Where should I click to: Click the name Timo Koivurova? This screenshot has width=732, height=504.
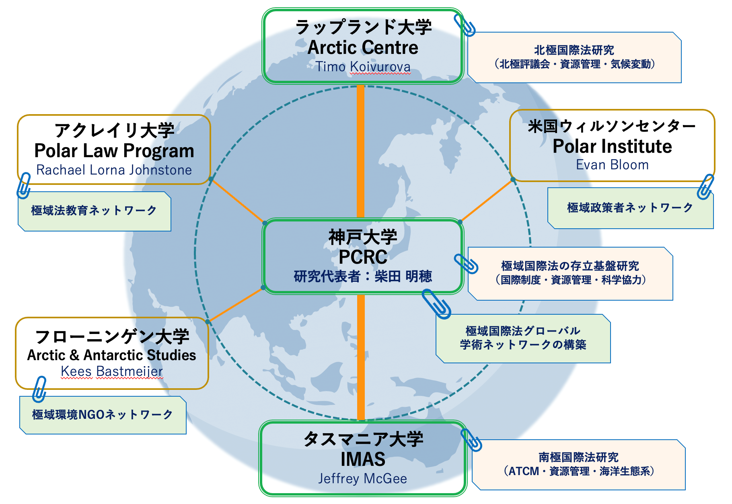click(363, 67)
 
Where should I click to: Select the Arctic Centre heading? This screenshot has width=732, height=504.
click(363, 47)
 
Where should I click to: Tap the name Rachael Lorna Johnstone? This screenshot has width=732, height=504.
click(114, 170)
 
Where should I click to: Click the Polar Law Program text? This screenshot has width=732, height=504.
click(114, 151)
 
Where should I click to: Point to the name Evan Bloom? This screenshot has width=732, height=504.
click(612, 165)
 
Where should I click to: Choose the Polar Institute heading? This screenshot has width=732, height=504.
click(612, 146)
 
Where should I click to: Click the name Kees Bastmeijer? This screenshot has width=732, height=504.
click(112, 371)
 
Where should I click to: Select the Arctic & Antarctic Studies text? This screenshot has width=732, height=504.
click(112, 355)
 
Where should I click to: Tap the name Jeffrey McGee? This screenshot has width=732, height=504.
click(362, 479)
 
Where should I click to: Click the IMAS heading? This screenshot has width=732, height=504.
click(363, 459)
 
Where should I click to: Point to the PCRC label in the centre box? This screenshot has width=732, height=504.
click(363, 257)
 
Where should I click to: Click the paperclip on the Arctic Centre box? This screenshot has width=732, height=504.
click(465, 25)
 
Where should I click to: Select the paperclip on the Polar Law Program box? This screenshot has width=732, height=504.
click(24, 186)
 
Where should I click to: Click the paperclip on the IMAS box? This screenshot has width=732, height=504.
click(471, 440)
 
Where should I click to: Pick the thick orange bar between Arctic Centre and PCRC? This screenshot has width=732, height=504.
click(360, 151)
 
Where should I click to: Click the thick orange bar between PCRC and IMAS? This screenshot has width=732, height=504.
click(361, 357)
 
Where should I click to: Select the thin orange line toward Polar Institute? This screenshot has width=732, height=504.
click(486, 201)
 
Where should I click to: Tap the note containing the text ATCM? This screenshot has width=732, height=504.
click(578, 465)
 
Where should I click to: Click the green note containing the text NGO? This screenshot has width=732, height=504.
click(103, 415)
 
